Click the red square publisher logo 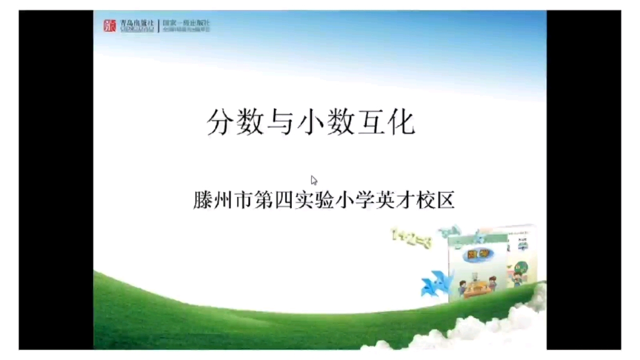[110, 26]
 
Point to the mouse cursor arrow [314, 180]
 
